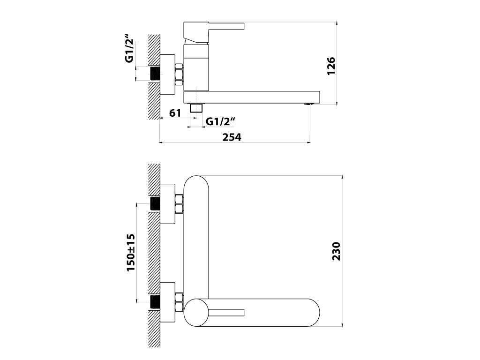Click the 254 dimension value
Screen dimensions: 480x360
pos(232,137)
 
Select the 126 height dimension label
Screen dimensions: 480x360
pos(331,66)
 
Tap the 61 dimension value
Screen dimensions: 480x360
pos(175,113)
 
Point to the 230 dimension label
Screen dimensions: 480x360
pos(336,251)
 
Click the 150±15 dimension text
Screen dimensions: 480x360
pos(131,253)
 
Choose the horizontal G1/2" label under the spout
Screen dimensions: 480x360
pos(220,121)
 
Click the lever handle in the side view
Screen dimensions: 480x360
pos(226,26)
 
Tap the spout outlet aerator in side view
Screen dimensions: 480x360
pos(308,104)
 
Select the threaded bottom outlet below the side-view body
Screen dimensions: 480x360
pos(197,108)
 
